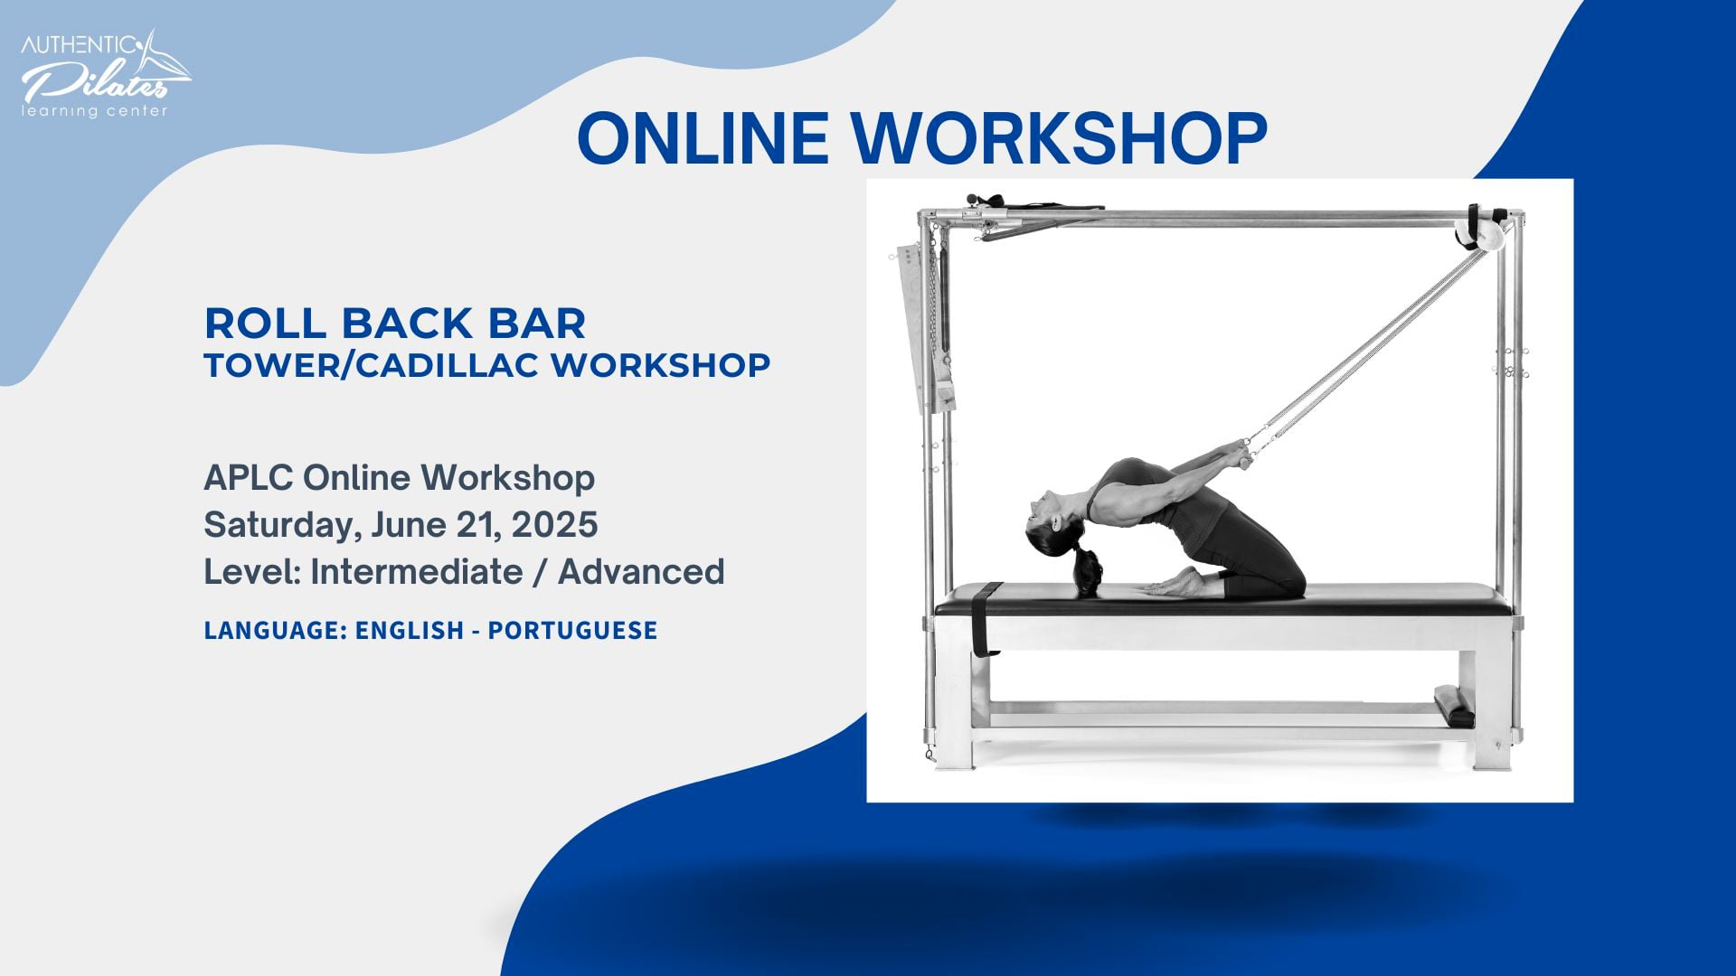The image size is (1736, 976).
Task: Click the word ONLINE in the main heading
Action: pyautogui.click(x=703, y=138)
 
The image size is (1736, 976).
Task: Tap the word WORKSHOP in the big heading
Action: pyautogui.click(x=1060, y=138)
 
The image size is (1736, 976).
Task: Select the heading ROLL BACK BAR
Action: pyautogui.click(x=395, y=324)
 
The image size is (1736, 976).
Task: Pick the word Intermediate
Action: pyautogui.click(x=417, y=572)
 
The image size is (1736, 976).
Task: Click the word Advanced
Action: pyautogui.click(x=641, y=572)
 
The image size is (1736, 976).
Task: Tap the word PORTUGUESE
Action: pyautogui.click(x=572, y=630)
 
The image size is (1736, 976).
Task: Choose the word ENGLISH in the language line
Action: pyautogui.click(x=410, y=630)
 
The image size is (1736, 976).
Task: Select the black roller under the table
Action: pyautogui.click(x=1454, y=705)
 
